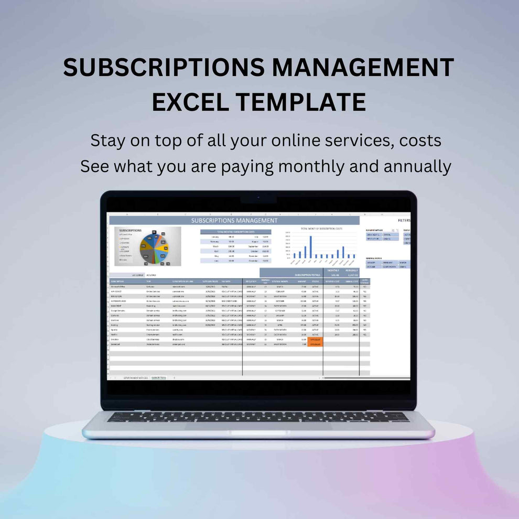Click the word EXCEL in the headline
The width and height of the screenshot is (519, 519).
[187, 101]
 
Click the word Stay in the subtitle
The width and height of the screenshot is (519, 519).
[109, 140]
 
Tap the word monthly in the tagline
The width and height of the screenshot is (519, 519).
[311, 166]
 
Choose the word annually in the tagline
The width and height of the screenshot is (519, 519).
[417, 166]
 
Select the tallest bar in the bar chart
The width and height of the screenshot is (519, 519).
[311, 247]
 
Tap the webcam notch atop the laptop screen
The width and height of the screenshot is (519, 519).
[258, 200]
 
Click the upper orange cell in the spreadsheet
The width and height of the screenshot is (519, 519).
[315, 339]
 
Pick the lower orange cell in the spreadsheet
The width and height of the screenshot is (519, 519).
[315, 344]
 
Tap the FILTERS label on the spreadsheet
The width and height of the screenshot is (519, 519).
[404, 221]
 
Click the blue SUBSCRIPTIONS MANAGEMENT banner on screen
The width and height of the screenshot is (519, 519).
[234, 221]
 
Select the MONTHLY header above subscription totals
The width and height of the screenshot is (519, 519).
[333, 271]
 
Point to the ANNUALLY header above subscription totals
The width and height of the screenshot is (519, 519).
[351, 271]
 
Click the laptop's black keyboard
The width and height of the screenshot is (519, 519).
[258, 417]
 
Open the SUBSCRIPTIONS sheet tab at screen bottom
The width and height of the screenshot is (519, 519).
[158, 377]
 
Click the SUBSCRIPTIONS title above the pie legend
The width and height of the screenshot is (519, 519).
[130, 230]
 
